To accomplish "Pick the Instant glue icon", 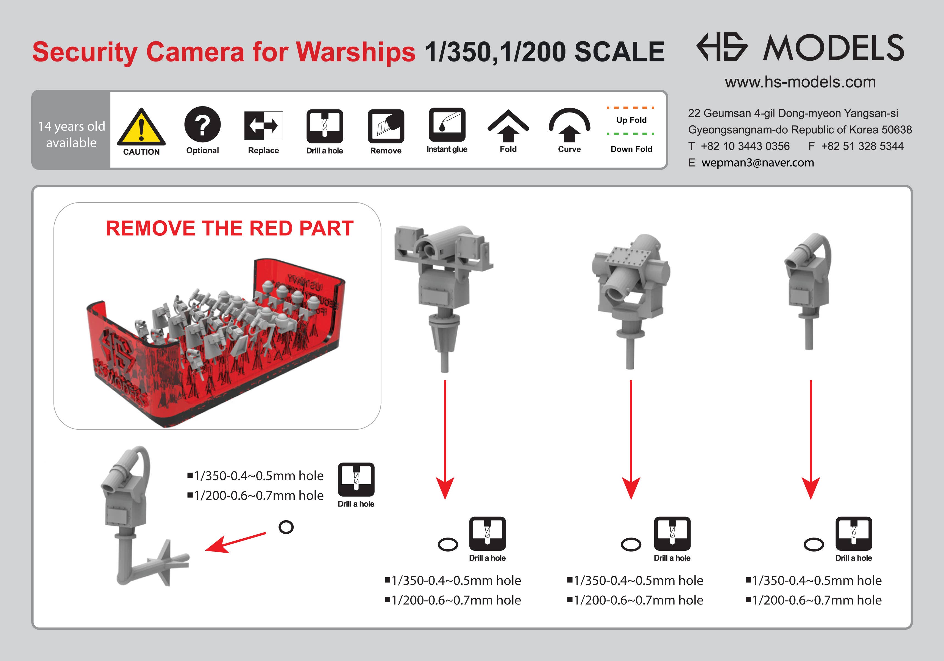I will click(x=447, y=125).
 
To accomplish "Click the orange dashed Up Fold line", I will click(x=631, y=108).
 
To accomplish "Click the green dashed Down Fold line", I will click(x=631, y=134).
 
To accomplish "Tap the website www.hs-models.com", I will click(x=800, y=82).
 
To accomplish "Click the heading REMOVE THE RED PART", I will click(x=229, y=228).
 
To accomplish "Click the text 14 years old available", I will click(x=71, y=134).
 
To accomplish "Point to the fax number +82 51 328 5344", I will click(x=862, y=146).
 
